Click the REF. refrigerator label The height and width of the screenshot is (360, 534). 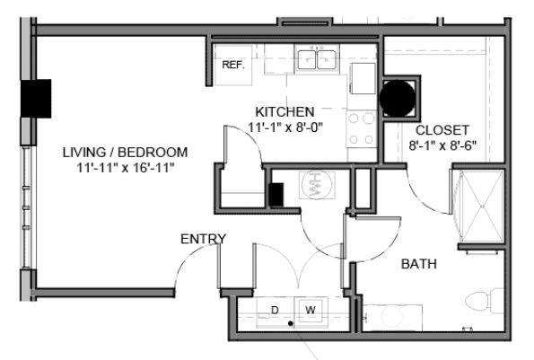(x=233, y=65)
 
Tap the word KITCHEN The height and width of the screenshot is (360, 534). (x=285, y=112)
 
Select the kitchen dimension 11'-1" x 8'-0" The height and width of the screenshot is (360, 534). (x=285, y=127)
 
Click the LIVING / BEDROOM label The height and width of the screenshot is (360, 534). (x=125, y=153)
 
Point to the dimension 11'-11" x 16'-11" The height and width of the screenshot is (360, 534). (x=126, y=168)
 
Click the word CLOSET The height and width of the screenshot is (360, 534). (x=442, y=130)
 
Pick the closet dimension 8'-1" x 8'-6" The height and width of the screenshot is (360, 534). (x=442, y=145)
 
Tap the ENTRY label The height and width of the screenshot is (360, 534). (x=203, y=239)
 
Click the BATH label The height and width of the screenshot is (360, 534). (x=419, y=264)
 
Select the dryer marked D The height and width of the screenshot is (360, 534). (x=276, y=312)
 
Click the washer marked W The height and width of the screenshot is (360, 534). (x=311, y=311)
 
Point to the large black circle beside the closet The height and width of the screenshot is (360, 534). (x=398, y=98)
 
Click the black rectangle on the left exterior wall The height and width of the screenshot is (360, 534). (x=36, y=99)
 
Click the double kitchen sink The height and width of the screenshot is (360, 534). (x=317, y=59)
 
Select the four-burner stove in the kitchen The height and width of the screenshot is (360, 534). (x=362, y=128)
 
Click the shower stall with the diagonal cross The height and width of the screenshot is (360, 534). (x=482, y=206)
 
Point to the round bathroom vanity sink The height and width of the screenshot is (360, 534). (x=393, y=318)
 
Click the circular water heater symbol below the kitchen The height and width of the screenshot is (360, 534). (x=317, y=184)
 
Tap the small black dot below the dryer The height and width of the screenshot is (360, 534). (x=291, y=323)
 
